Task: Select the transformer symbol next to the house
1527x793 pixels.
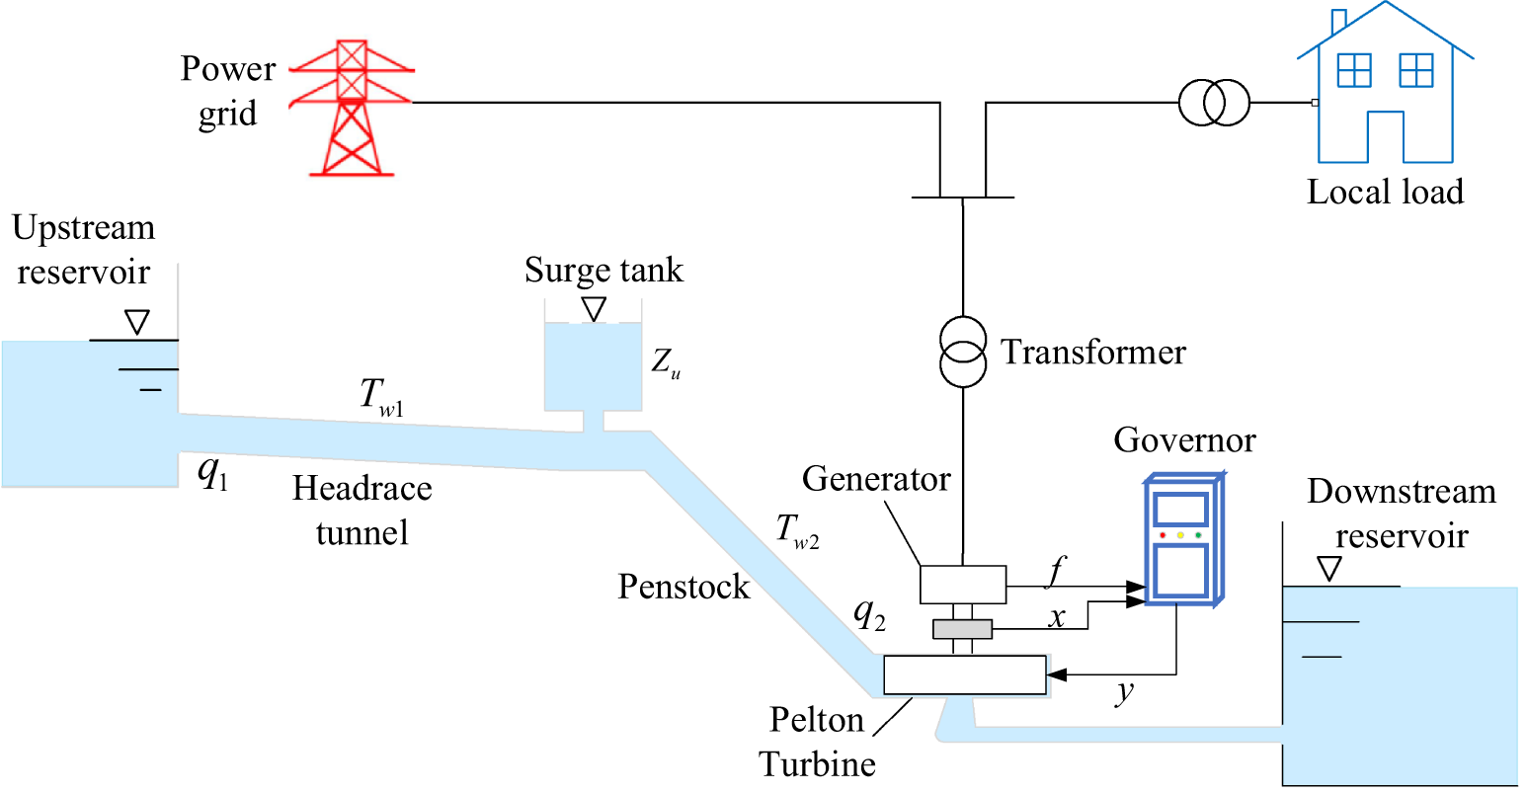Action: click(1214, 102)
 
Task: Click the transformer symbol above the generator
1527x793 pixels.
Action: click(962, 353)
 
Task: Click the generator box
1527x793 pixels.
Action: click(963, 584)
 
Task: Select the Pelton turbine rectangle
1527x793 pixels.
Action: click(964, 674)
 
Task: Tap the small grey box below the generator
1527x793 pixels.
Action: click(962, 629)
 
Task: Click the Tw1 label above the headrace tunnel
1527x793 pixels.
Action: click(381, 396)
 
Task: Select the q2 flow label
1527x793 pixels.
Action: click(869, 614)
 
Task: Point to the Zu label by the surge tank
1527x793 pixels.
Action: click(665, 362)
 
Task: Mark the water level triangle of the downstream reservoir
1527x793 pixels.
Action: click(1329, 569)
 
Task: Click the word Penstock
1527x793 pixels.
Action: click(683, 587)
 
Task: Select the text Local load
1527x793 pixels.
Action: click(1385, 192)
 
